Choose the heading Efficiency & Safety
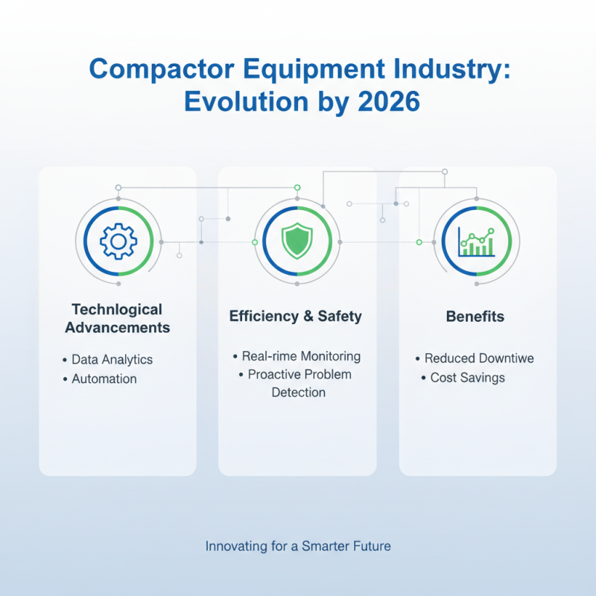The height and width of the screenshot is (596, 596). [296, 316]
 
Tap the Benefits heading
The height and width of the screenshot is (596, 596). [475, 317]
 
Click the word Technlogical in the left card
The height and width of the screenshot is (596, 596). [117, 309]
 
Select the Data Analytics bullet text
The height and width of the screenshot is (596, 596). [112, 359]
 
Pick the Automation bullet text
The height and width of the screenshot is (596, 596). [104, 378]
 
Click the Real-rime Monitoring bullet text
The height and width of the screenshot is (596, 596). [301, 356]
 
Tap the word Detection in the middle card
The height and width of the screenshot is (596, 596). [298, 392]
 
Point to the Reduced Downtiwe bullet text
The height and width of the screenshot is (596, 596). [479, 358]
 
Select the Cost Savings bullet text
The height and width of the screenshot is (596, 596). [468, 378]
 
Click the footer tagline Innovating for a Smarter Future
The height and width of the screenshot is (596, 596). [298, 546]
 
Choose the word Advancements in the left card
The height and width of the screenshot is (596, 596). [118, 328]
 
